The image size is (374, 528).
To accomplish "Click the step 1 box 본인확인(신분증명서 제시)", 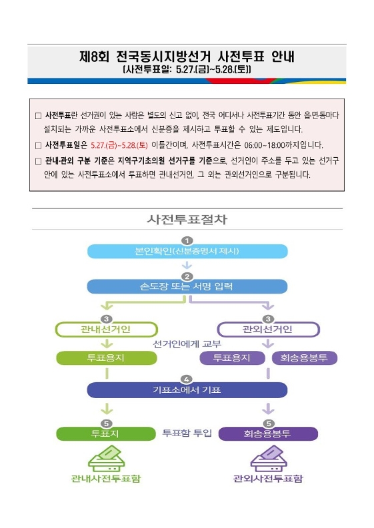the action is pos(187,252).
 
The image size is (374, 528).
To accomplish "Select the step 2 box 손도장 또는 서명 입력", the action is pos(187,286).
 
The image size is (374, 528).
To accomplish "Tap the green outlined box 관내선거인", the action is pos(107,330).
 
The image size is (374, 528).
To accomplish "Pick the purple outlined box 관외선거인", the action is pos(268,330).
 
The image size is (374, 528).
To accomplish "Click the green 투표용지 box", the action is pos(107,358).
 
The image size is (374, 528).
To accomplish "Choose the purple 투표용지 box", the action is pos(233,358).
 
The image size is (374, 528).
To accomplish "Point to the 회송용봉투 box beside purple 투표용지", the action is pos(305,358).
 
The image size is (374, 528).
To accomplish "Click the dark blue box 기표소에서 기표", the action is pos(187,390).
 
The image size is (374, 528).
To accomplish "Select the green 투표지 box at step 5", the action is pos(106,433).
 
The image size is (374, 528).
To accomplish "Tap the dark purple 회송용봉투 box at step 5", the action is pos(268,433).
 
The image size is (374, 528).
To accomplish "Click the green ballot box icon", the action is pos(107,459).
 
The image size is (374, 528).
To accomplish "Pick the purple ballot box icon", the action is pos(269,459).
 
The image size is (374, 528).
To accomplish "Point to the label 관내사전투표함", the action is pos(106,479).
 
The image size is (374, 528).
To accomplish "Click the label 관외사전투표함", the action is pos(268,479).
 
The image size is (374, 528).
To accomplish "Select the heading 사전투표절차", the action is pos(187,220).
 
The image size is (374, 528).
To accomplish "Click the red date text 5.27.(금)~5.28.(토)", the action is pos(119,145).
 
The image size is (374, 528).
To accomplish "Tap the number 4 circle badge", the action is pos(187,380).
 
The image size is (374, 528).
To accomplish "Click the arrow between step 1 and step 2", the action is pos(187,265).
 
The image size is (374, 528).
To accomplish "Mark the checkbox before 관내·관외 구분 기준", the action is pos(38,161).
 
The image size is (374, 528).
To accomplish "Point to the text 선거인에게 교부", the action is pos(187,344).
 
